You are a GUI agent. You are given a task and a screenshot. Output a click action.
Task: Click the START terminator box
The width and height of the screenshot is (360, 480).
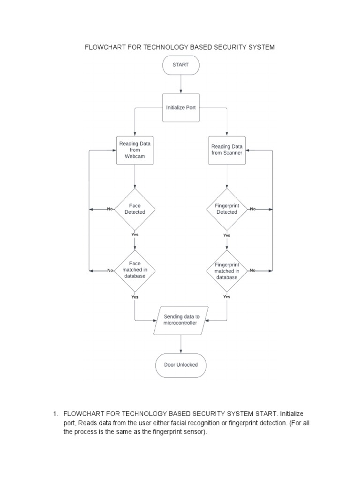click(180, 65)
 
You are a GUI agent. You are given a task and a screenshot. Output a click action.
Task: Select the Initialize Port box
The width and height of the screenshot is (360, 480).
click(180, 108)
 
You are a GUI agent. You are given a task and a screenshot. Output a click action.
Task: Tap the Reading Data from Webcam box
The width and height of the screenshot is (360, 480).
click(135, 150)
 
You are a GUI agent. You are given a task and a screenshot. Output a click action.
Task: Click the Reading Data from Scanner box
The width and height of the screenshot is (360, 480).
click(227, 150)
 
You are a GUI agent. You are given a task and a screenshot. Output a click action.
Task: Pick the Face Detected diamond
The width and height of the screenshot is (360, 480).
click(135, 209)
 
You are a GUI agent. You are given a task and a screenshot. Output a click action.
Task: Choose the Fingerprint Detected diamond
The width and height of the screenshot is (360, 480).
click(227, 209)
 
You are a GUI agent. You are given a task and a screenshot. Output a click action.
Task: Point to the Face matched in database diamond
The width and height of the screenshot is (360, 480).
click(135, 270)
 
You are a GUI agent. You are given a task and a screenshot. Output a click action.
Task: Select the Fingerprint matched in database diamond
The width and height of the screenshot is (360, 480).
click(227, 270)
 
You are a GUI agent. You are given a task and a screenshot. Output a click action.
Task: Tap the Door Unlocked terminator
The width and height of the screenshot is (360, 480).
click(180, 365)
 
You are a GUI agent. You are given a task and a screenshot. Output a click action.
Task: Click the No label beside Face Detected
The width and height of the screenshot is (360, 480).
click(110, 209)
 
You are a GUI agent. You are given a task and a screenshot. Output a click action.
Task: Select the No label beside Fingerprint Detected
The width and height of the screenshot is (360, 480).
click(253, 209)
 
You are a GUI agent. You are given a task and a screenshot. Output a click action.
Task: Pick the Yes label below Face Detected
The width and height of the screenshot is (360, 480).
click(135, 235)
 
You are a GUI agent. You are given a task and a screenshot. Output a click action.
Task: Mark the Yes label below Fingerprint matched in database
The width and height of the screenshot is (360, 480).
click(227, 297)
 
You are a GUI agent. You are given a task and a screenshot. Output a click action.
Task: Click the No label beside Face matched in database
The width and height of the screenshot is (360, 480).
click(110, 270)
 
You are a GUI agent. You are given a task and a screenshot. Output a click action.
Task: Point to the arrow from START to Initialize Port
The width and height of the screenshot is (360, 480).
click(180, 84)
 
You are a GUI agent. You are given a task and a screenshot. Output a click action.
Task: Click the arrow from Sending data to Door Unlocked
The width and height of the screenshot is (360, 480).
click(180, 344)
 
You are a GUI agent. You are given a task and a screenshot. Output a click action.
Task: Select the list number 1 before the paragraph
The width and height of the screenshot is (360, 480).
click(55, 414)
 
